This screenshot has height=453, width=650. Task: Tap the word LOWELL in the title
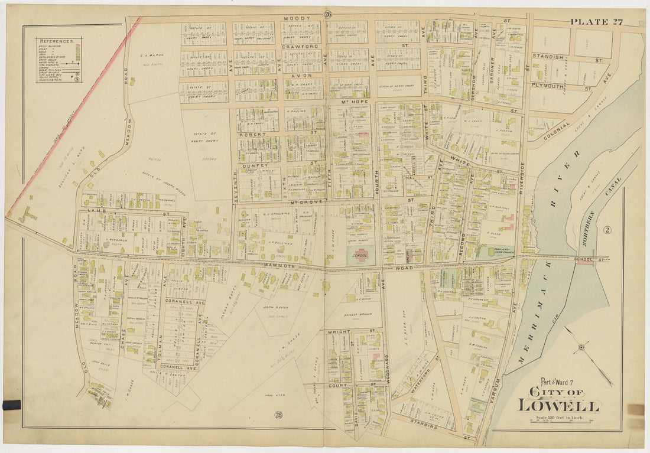(x=558, y=406)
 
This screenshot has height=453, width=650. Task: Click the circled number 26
(x=328, y=15)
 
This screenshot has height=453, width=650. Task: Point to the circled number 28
(x=278, y=415)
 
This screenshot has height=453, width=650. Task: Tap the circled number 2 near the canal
(x=606, y=230)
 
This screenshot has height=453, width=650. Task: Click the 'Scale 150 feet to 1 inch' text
(x=558, y=418)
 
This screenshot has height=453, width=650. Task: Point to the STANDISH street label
(x=549, y=57)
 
